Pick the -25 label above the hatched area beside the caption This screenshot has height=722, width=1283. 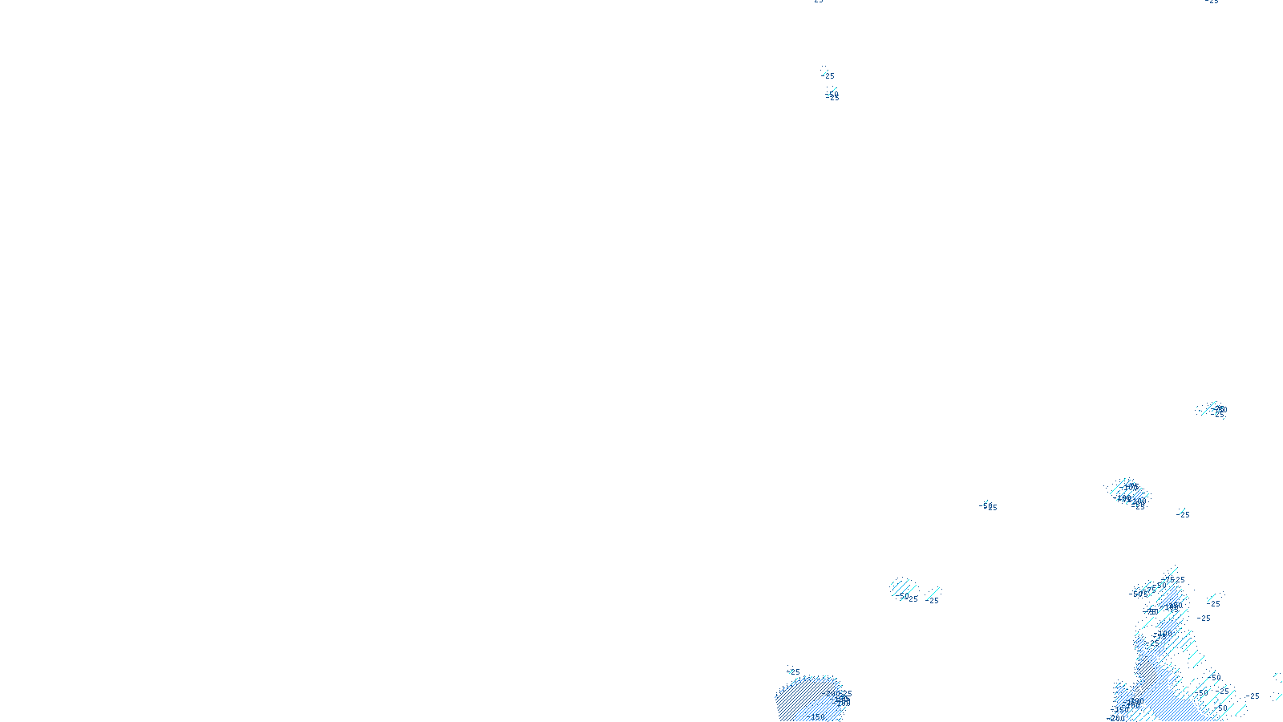(x=794, y=672)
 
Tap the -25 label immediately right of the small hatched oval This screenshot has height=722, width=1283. (x=933, y=600)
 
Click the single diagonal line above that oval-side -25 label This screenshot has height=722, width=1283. (x=934, y=592)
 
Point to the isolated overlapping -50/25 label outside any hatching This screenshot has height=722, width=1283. (x=990, y=507)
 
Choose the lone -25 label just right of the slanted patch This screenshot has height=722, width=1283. (x=1184, y=514)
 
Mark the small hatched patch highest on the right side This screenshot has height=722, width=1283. (x=1212, y=409)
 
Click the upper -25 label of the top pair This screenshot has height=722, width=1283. (x=828, y=75)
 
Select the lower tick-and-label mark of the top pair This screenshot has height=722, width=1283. (x=832, y=95)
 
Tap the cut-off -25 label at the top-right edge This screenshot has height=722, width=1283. (x=1212, y=2)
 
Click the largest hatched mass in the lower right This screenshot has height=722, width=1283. (x=1163, y=658)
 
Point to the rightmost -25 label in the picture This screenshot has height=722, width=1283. (x=1253, y=696)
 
